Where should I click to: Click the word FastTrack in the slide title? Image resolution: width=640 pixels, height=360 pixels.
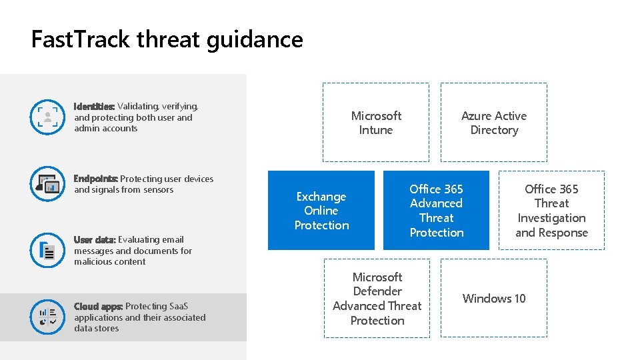(81, 40)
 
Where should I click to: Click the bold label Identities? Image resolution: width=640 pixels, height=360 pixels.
(94, 107)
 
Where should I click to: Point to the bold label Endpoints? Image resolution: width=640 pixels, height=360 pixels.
(95, 179)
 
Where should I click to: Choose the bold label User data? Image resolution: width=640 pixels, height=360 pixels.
(95, 240)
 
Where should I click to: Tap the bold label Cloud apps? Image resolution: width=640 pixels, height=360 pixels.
(98, 307)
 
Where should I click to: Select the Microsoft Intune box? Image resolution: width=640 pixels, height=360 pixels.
(376, 123)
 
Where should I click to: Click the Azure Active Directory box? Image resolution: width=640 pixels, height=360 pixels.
(494, 123)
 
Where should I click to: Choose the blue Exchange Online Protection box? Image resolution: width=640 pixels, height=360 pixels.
(321, 211)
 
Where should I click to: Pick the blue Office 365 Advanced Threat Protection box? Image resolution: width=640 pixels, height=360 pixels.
(437, 211)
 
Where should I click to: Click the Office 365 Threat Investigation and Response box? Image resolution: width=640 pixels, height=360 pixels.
(551, 211)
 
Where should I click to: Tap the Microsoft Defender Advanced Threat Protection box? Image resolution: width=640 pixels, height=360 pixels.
(377, 299)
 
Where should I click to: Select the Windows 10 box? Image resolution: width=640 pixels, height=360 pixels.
(494, 299)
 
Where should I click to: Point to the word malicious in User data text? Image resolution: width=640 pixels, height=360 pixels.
(93, 262)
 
